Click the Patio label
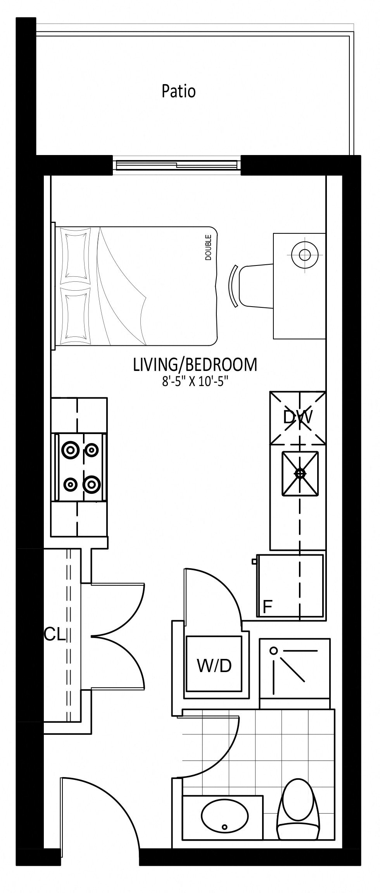(x=178, y=91)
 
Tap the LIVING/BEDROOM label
(x=195, y=365)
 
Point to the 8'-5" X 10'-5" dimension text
(x=195, y=382)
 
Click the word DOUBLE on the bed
(x=209, y=247)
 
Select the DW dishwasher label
(x=298, y=417)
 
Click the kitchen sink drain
(x=300, y=473)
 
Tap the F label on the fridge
(x=267, y=607)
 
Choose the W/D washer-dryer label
(x=214, y=665)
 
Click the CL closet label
(x=55, y=635)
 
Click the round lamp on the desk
(x=305, y=255)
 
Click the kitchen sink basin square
(x=300, y=473)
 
